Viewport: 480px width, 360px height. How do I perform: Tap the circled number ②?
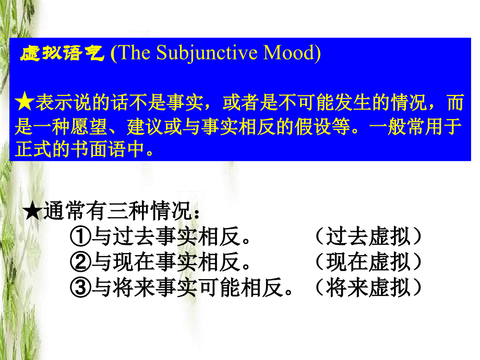79,262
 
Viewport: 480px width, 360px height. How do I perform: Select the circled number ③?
79,287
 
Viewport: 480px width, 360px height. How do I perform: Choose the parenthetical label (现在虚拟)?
368,262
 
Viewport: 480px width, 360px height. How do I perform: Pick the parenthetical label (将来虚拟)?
368,287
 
